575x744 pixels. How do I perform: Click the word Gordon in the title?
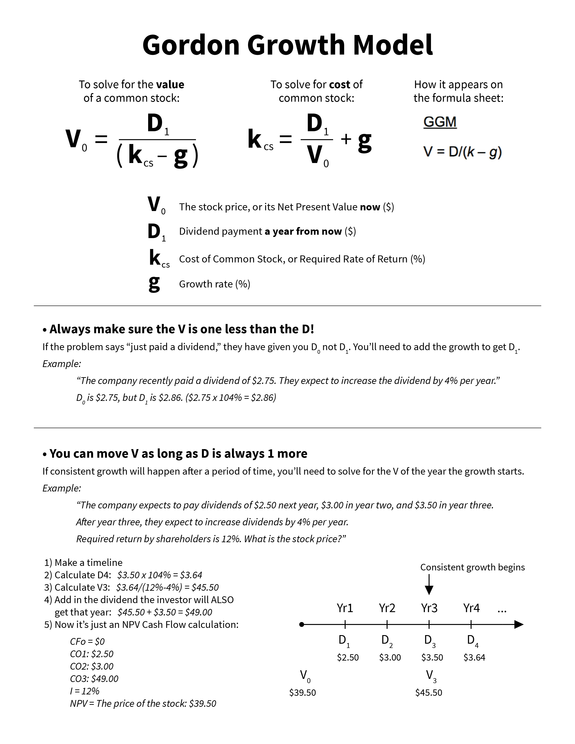click(x=191, y=45)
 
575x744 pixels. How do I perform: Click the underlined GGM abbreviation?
click(x=440, y=122)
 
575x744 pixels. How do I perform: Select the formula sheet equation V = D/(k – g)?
click(x=462, y=152)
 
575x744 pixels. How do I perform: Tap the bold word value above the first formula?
click(x=170, y=85)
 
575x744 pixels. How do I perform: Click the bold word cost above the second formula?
click(x=340, y=85)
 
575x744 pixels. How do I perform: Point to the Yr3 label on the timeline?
click(x=429, y=608)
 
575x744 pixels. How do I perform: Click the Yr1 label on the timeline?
click(x=345, y=608)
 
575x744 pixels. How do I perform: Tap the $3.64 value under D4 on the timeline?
click(x=474, y=657)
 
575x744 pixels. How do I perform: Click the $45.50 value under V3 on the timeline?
click(x=428, y=693)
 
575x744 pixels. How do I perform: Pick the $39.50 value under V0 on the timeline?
click(x=302, y=693)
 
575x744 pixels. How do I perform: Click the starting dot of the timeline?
click(x=301, y=625)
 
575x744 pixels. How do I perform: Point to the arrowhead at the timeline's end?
click(x=518, y=625)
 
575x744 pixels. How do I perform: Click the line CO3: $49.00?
click(x=94, y=679)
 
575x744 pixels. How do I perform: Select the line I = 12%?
click(x=85, y=691)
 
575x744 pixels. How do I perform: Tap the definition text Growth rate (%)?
click(x=215, y=284)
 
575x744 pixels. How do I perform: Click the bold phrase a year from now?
click(x=303, y=231)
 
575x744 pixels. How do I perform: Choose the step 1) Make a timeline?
click(x=83, y=563)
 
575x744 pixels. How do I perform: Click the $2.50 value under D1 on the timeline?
click(x=348, y=657)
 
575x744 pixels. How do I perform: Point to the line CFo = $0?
click(x=87, y=641)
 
